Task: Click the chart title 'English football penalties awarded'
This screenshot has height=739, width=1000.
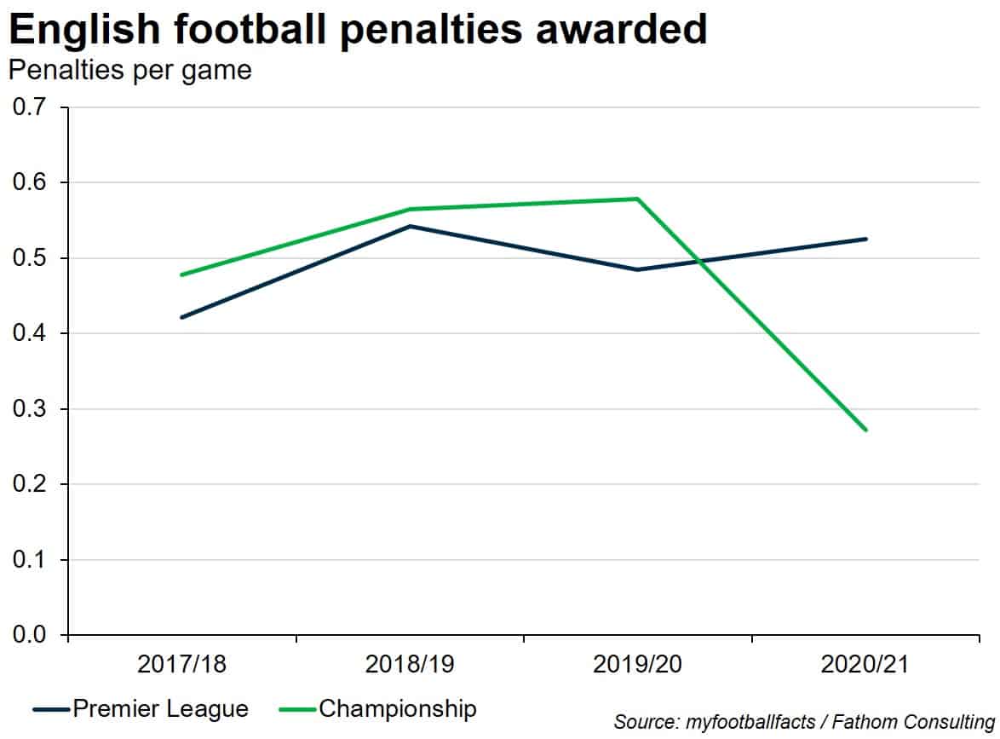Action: pyautogui.click(x=358, y=31)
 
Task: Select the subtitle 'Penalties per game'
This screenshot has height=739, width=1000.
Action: pyautogui.click(x=130, y=70)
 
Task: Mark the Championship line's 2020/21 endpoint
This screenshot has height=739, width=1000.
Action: pyautogui.click(x=865, y=430)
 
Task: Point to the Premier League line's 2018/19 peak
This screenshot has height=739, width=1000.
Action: pyautogui.click(x=410, y=226)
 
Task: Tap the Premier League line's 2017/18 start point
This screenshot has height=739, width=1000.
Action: pyautogui.click(x=182, y=317)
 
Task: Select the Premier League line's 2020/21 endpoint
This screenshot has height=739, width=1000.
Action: pyautogui.click(x=865, y=239)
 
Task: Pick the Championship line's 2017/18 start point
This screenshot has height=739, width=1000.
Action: pyautogui.click(x=182, y=274)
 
